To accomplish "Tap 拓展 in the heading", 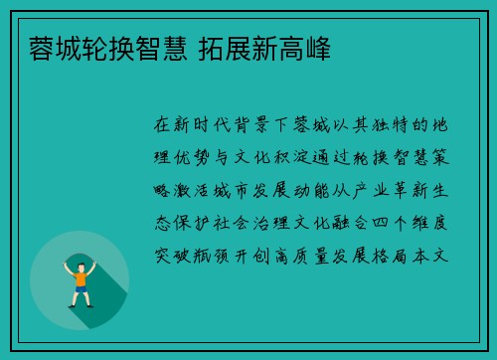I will pyautogui.click(x=220, y=47).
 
